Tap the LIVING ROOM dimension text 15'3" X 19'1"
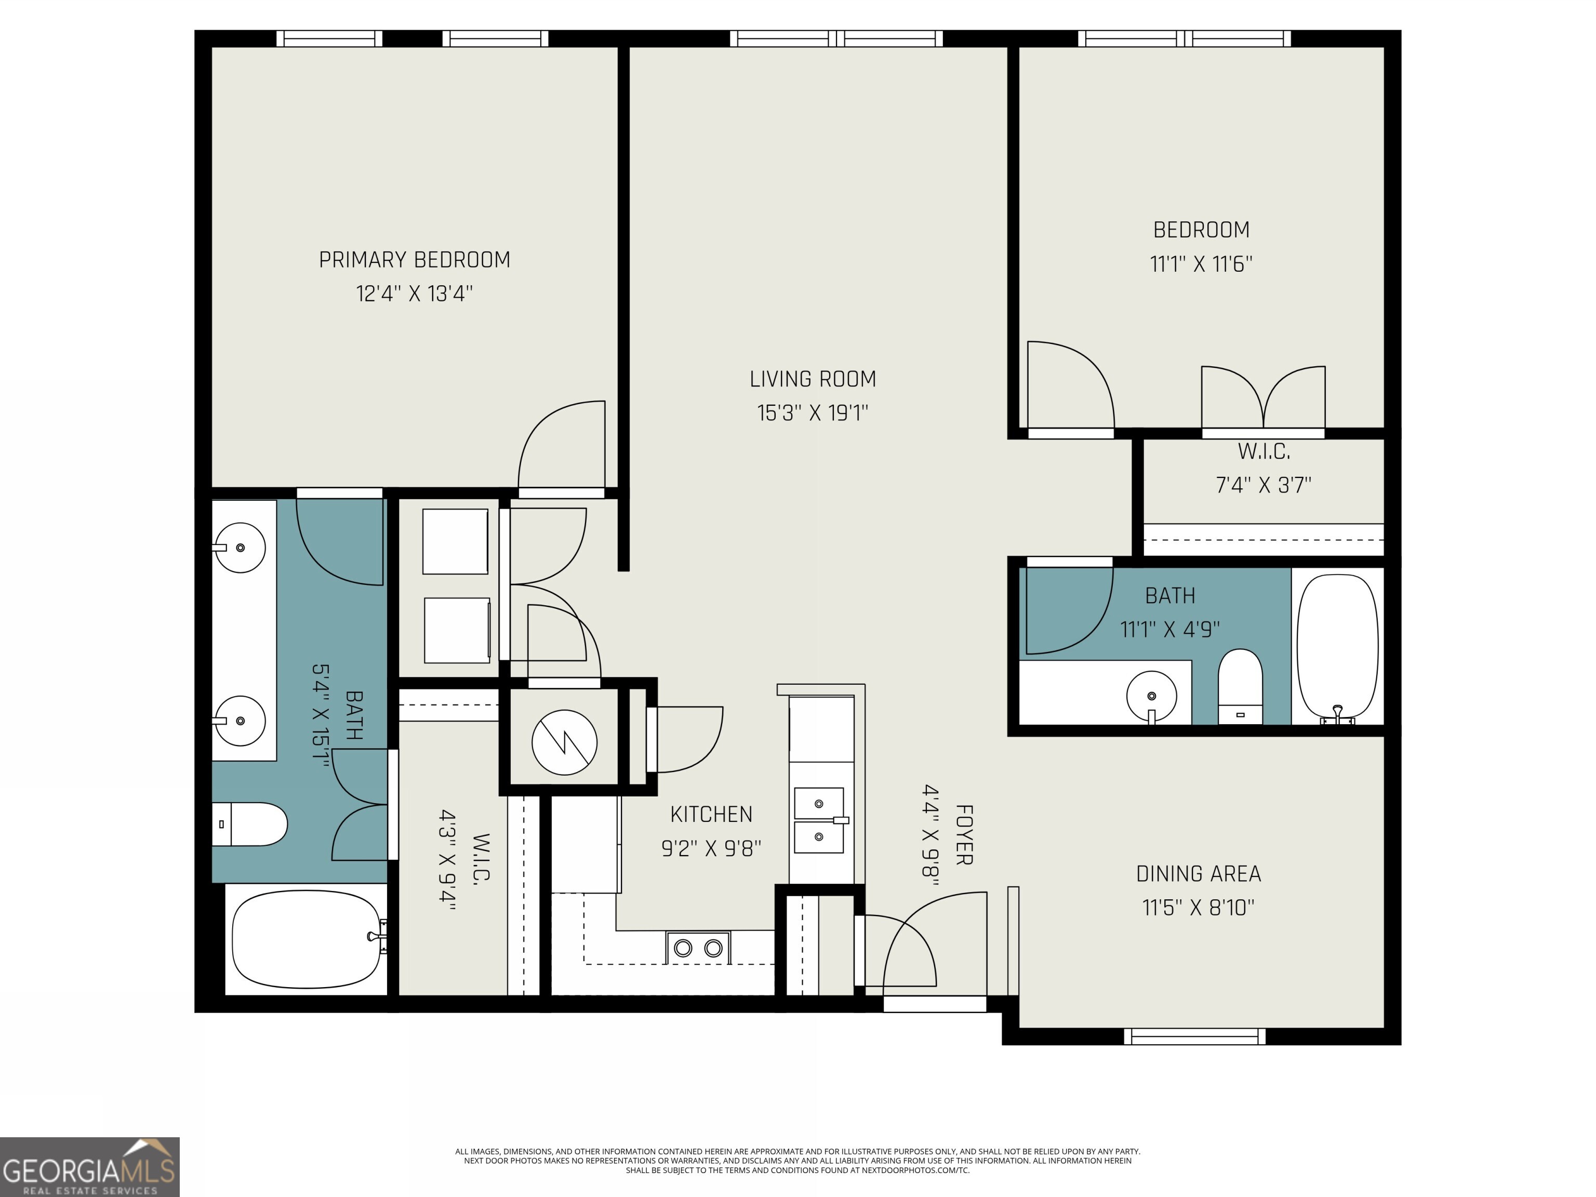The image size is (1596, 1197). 813,413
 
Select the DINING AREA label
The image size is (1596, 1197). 1199,874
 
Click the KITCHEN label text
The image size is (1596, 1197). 711,814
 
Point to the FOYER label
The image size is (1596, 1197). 964,835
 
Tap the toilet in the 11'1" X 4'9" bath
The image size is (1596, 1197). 1240,686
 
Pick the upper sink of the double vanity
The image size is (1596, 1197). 240,548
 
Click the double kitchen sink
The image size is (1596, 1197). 819,820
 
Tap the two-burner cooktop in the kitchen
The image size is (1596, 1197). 698,947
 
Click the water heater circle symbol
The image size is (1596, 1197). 564,742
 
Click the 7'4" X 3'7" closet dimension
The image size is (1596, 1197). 1263,485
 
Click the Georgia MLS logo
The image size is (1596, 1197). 89,1167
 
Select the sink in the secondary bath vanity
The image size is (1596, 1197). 1152,696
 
